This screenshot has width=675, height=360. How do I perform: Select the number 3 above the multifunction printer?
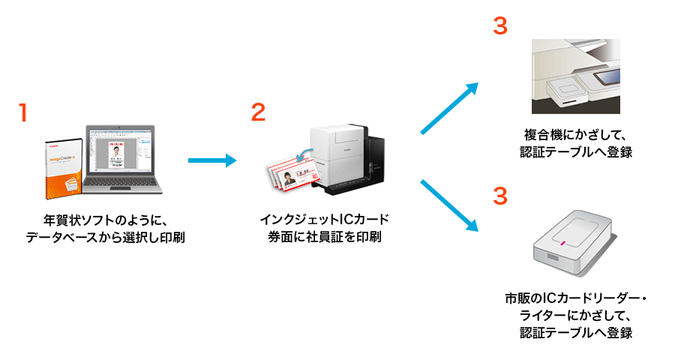[499, 25]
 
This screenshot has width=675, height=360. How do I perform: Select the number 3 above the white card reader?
[499, 196]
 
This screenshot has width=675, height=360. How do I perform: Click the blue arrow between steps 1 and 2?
[211, 160]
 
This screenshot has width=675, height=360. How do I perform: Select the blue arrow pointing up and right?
[449, 109]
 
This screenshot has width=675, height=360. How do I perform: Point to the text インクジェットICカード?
[325, 220]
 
